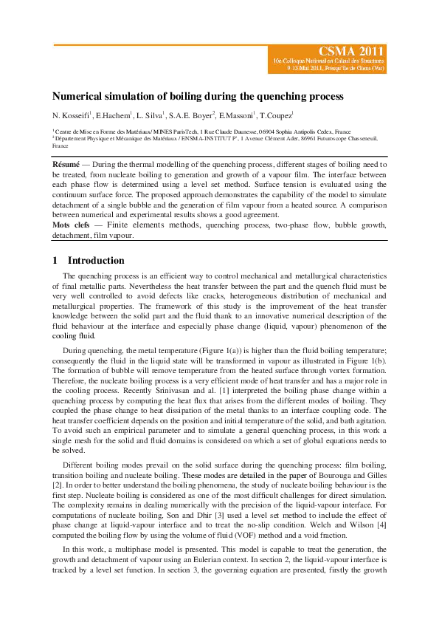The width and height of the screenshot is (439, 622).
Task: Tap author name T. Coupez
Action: [x=275, y=116]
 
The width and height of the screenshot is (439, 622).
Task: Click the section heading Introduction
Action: [x=93, y=261]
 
